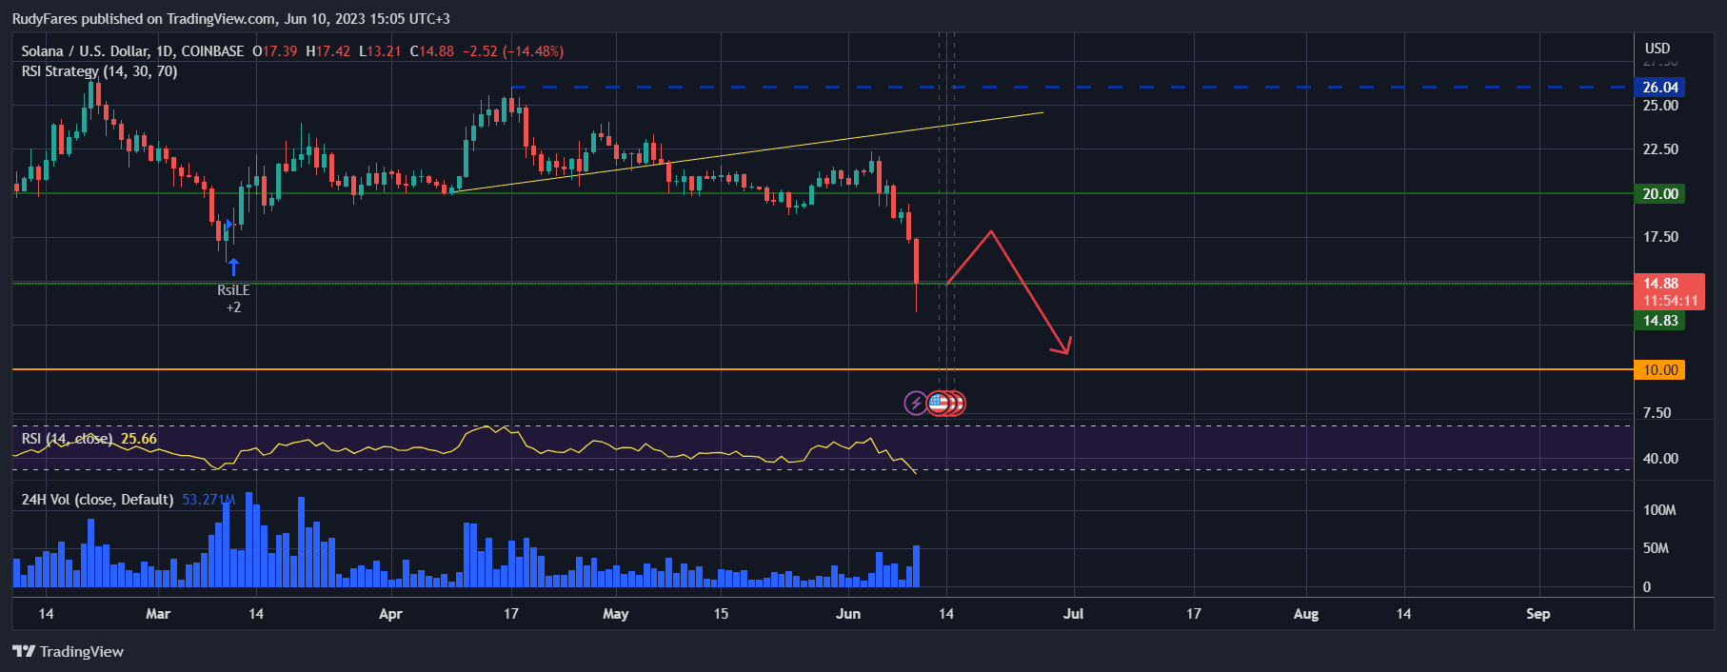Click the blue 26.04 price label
(1659, 88)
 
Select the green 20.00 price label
(1659, 194)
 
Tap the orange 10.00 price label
(1659, 370)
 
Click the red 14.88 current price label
(1660, 284)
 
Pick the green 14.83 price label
(1659, 321)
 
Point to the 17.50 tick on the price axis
(1660, 237)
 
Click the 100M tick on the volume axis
(1659, 510)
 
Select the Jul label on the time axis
(1073, 614)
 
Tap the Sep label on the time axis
(1538, 614)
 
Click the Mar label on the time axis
(158, 614)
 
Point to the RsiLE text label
(233, 290)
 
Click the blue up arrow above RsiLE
(233, 267)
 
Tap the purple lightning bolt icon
(915, 403)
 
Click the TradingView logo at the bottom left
(69, 652)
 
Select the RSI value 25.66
(139, 439)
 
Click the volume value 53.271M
(208, 500)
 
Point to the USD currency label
(1658, 49)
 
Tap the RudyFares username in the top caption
(44, 19)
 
